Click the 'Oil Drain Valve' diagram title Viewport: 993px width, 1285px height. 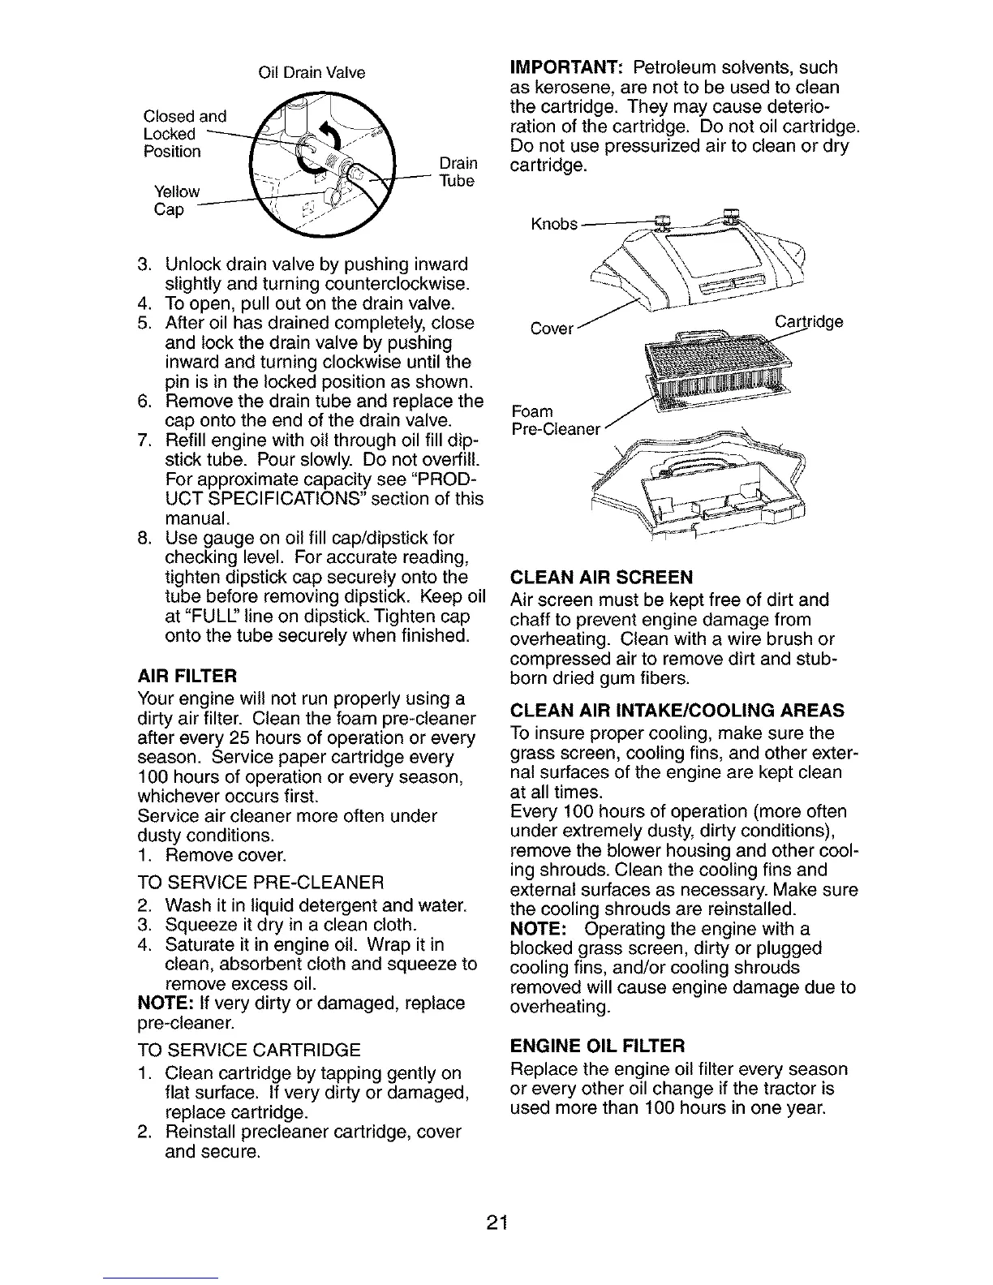tap(311, 73)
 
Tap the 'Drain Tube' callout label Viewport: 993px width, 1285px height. tap(456, 172)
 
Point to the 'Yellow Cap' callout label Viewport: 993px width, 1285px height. tap(177, 200)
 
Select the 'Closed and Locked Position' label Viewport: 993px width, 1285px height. tap(184, 133)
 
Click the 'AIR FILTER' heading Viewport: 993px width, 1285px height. tap(187, 675)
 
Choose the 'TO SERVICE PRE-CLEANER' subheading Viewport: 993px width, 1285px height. tap(260, 882)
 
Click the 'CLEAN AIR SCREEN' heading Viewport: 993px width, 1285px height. tap(601, 577)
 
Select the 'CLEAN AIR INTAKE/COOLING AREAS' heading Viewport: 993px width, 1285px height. tap(677, 711)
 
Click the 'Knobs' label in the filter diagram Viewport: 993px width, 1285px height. tap(554, 224)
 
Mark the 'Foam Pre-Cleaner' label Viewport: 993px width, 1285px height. tap(555, 419)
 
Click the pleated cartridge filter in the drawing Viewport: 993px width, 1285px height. tap(707, 364)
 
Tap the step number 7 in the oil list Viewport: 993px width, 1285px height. tap(143, 441)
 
